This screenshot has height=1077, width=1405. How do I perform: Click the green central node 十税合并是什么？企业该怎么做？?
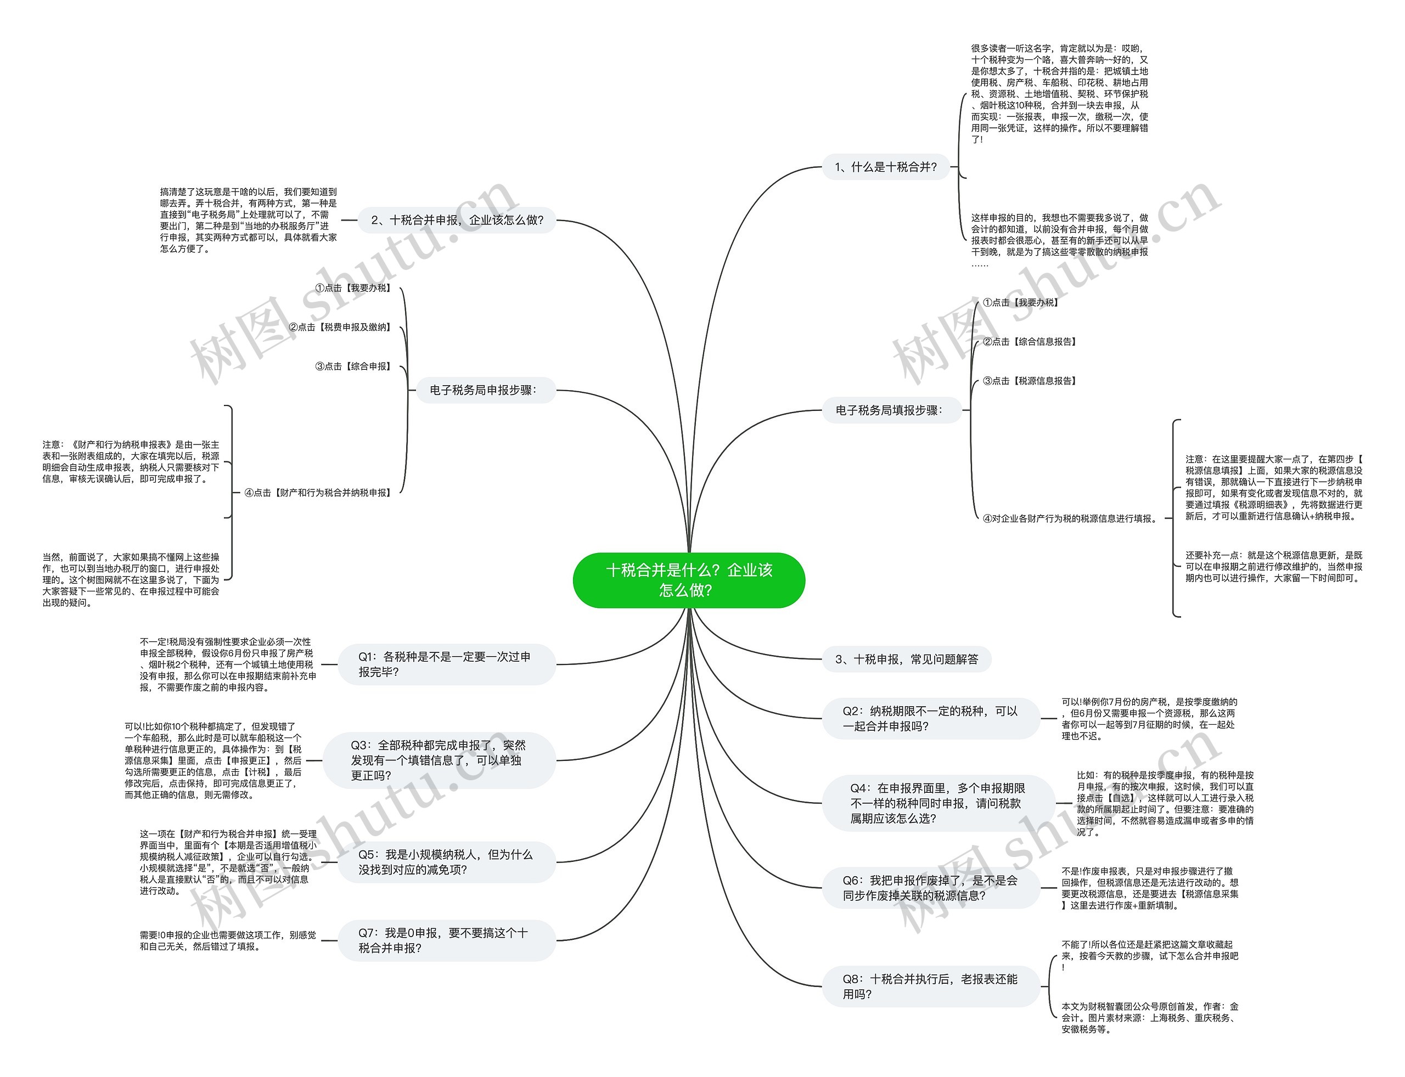click(x=689, y=579)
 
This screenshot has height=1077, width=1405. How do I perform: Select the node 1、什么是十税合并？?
click(x=886, y=167)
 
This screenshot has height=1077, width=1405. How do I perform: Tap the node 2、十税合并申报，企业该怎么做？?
click(x=457, y=220)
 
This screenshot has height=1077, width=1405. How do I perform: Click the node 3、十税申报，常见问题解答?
click(x=906, y=659)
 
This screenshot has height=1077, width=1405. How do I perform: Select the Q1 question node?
click(x=446, y=664)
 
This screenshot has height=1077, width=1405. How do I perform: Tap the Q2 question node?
click(x=930, y=719)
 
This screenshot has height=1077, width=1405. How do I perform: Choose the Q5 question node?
click(x=446, y=862)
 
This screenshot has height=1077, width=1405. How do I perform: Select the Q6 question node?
click(x=930, y=888)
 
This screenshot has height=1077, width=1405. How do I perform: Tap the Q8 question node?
click(x=930, y=986)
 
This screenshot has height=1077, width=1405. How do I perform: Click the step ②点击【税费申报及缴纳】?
click(x=340, y=327)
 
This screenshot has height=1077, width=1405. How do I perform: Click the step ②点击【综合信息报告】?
click(x=1029, y=342)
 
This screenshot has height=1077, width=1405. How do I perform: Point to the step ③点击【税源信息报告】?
click(x=1029, y=381)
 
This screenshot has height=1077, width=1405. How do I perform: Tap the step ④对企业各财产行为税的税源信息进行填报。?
click(x=1070, y=518)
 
